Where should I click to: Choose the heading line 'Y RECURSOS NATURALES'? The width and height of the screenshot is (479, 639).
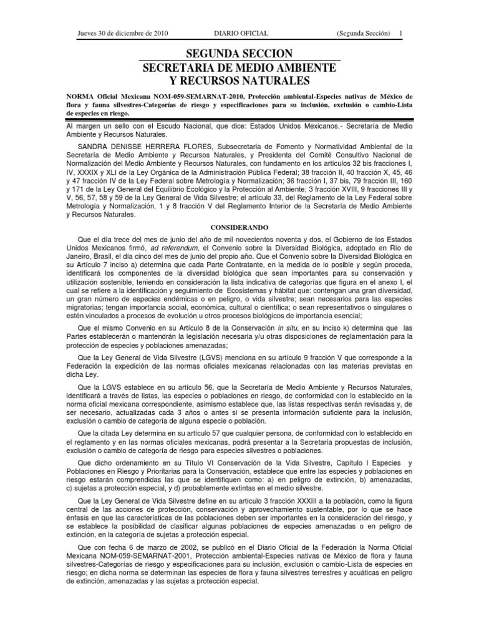239,80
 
